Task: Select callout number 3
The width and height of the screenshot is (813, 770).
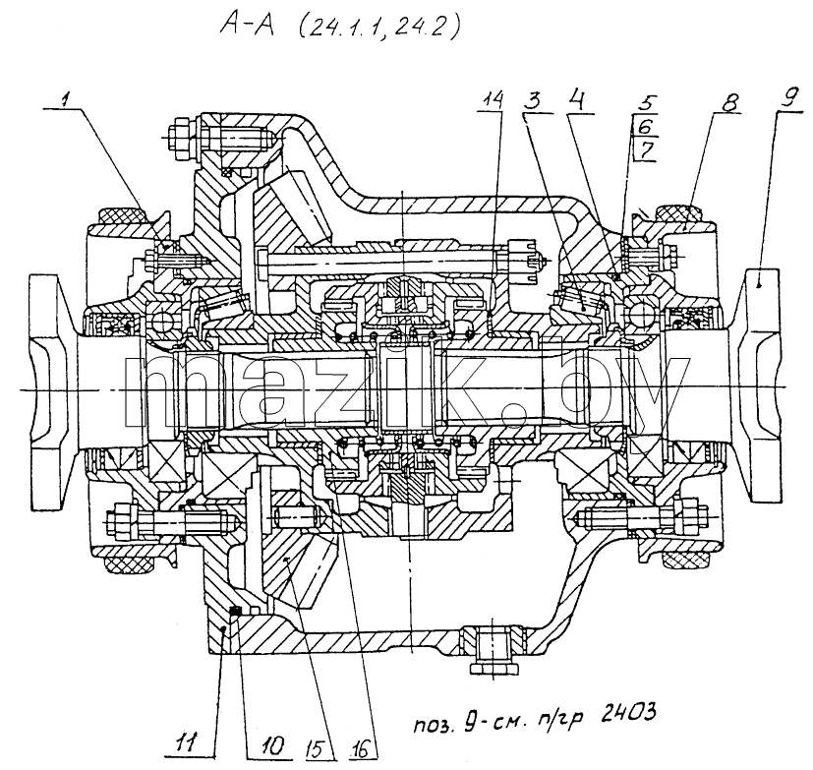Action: pyautogui.click(x=534, y=100)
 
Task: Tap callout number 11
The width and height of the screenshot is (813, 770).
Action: pyautogui.click(x=186, y=743)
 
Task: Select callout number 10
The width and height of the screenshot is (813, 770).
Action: pyautogui.click(x=273, y=745)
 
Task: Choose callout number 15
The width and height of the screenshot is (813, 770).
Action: pyautogui.click(x=318, y=748)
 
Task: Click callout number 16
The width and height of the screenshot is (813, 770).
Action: pyautogui.click(x=360, y=747)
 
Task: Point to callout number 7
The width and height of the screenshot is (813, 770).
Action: pyautogui.click(x=646, y=150)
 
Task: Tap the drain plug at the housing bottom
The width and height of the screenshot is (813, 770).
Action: pyautogui.click(x=493, y=652)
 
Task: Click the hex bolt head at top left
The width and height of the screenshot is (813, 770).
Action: pyautogui.click(x=183, y=138)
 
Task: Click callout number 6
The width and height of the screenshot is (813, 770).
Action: pyautogui.click(x=646, y=127)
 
